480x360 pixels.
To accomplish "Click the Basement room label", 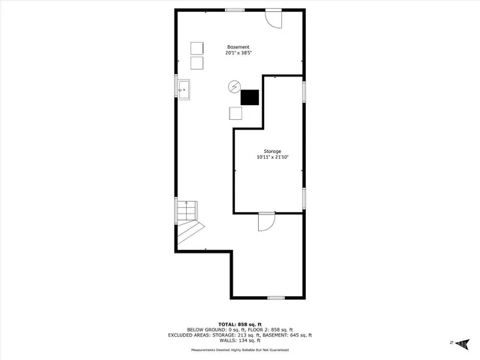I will (238, 47).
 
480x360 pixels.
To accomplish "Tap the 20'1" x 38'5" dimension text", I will (238, 53).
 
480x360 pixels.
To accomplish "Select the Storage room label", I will (272, 151).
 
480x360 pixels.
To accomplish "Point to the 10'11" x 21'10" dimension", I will (272, 157).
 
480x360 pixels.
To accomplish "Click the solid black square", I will (250, 97).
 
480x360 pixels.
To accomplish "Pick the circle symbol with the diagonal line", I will (233, 86).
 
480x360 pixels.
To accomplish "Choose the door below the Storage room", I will (266, 221).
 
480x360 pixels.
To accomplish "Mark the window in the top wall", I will (235, 10).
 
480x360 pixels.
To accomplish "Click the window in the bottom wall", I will (276, 298).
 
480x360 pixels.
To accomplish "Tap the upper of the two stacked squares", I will (197, 46).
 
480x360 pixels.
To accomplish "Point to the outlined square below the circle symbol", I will (235, 113).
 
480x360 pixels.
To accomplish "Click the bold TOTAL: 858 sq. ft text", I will (240, 323).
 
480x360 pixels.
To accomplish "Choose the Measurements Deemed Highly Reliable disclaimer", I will (240, 349).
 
